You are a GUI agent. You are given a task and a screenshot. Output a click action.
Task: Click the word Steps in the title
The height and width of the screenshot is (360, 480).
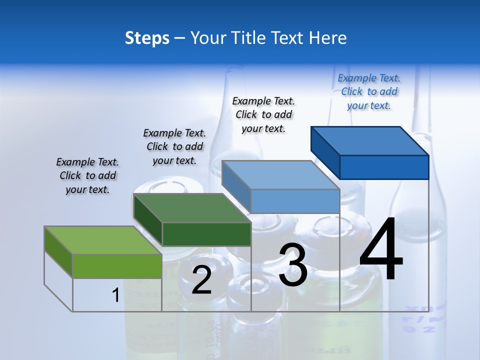[x=147, y=38]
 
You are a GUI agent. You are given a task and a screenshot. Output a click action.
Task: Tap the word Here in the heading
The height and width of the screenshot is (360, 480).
[x=328, y=38]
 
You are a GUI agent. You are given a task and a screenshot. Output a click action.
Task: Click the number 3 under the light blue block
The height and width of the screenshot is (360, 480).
[x=293, y=265]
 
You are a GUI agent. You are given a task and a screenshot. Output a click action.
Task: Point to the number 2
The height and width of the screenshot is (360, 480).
[x=201, y=280]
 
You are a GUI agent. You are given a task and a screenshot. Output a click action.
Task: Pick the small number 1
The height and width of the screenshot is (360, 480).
[x=115, y=295]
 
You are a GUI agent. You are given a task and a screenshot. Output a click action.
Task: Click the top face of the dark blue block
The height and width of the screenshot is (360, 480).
[x=370, y=140]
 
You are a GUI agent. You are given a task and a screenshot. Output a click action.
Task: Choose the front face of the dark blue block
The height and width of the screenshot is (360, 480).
[x=384, y=167]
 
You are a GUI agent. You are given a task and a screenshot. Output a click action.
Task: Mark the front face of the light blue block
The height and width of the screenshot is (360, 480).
[x=295, y=201]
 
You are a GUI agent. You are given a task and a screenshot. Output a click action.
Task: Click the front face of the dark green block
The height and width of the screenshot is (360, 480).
[x=206, y=234]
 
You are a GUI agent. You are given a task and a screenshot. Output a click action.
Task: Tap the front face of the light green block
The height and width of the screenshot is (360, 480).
[x=117, y=266]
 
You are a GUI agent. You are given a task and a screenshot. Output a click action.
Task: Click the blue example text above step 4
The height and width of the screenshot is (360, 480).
[x=369, y=92]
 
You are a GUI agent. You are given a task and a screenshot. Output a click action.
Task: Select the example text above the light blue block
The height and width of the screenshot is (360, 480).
[x=263, y=114]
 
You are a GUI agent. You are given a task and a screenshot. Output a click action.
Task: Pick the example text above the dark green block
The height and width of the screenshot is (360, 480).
[x=174, y=146]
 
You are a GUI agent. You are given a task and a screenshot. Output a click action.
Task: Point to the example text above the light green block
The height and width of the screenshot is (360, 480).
[x=87, y=175]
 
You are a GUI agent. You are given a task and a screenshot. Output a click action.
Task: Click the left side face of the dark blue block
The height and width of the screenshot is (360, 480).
[x=325, y=152]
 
